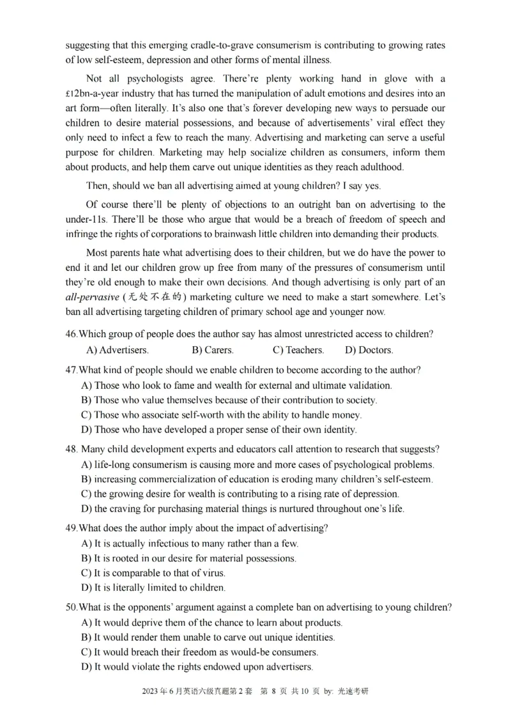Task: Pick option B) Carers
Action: click(x=213, y=350)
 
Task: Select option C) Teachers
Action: click(x=298, y=350)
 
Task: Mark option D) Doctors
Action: click(x=369, y=350)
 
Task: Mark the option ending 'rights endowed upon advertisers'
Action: click(x=197, y=667)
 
